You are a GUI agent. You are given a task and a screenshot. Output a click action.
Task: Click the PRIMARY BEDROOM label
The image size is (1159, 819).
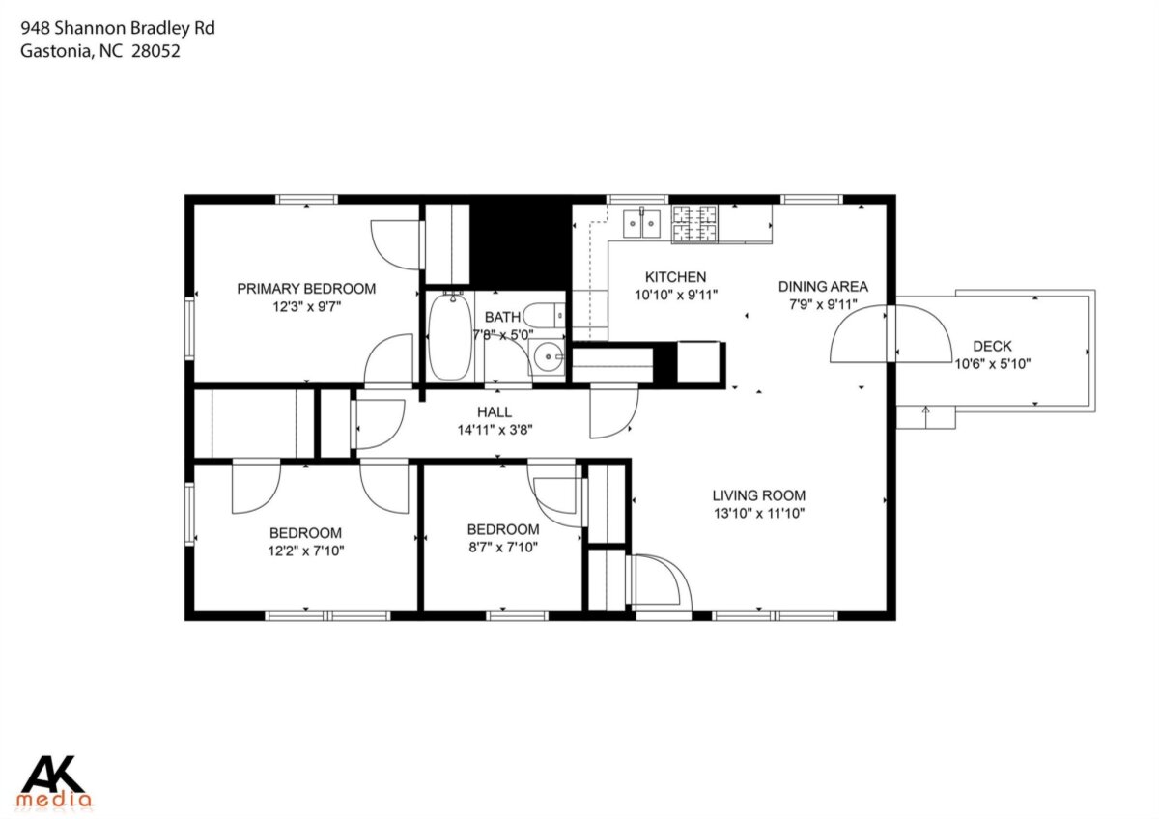[x=306, y=289]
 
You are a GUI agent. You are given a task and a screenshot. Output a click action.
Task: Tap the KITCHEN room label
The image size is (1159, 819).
[x=675, y=277]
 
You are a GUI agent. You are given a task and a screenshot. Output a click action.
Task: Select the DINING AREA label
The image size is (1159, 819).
[x=823, y=286]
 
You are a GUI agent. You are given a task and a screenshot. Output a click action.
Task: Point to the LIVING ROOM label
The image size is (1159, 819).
[x=759, y=495]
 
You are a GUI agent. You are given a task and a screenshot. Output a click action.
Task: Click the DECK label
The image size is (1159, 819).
[x=993, y=346]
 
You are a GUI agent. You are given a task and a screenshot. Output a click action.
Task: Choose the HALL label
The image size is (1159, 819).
[x=495, y=412]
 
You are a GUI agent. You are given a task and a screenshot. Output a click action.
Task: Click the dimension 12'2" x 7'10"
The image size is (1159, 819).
[x=306, y=551]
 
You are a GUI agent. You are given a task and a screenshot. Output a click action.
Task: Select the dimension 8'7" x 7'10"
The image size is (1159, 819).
[x=503, y=548]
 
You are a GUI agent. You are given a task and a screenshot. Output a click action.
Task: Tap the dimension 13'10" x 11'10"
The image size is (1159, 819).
[x=759, y=514]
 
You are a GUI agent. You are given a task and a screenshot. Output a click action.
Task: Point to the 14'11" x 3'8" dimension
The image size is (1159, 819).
[x=495, y=430]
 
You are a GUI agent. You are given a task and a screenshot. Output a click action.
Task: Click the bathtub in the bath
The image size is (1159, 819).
[x=450, y=336]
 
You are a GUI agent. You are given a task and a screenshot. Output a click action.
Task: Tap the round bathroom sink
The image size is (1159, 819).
[x=548, y=357]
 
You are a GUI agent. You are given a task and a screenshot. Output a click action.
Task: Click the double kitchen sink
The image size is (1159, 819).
[x=641, y=223]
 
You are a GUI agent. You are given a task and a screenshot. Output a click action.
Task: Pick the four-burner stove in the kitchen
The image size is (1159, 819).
[x=694, y=223]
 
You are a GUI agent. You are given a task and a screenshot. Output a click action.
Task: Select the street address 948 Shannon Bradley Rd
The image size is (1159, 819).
[x=118, y=28]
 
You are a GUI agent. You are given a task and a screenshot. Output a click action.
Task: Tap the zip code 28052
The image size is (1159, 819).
[x=155, y=51]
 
